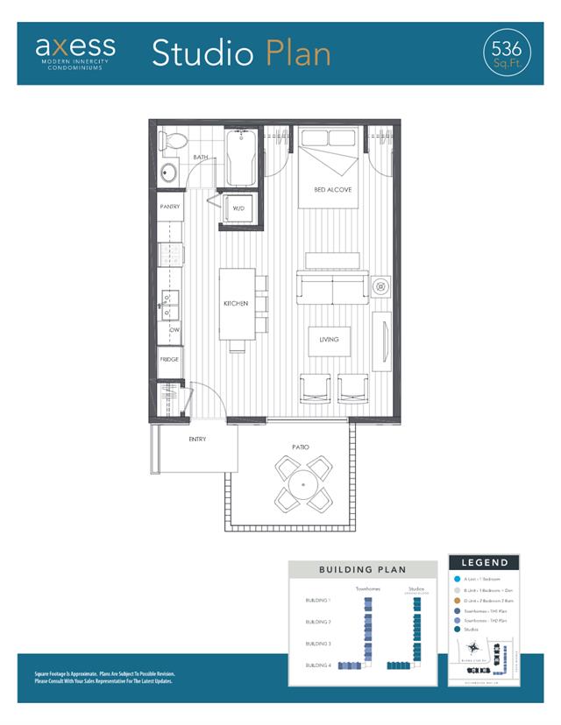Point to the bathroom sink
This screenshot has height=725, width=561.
point(167,172)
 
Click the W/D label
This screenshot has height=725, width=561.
point(238,208)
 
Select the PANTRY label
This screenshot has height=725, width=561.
point(169,207)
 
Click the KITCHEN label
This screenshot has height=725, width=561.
point(235,304)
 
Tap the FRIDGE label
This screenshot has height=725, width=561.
point(169,359)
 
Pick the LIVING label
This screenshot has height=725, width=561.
point(329,340)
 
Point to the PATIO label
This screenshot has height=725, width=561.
point(301,447)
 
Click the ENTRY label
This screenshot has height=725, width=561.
point(197,439)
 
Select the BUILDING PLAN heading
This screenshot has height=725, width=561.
point(363,569)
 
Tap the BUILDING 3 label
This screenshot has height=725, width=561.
point(317,644)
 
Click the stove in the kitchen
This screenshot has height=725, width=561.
point(169,255)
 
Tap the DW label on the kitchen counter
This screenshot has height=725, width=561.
point(174,330)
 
